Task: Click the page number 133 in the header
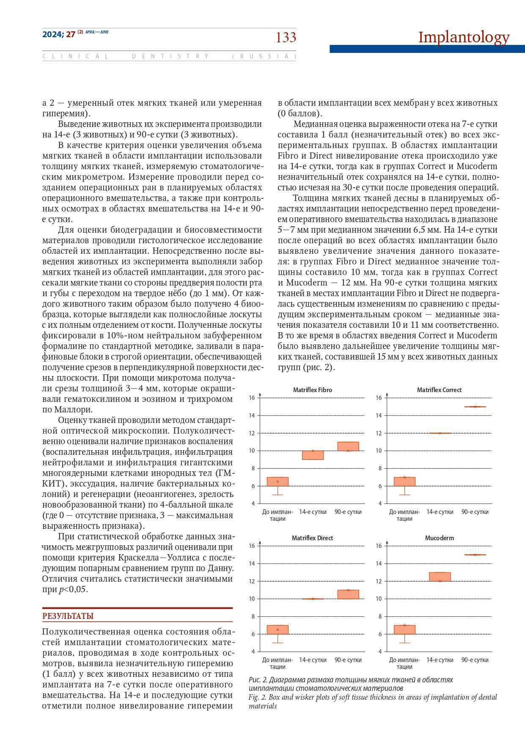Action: coord(286,38)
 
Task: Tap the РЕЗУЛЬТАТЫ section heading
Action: coord(68,616)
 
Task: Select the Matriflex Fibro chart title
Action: coord(312,390)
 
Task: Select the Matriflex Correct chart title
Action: coord(439,390)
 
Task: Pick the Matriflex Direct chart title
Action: coord(312,538)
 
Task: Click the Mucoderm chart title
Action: coord(439,538)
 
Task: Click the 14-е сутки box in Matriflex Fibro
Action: coord(313,455)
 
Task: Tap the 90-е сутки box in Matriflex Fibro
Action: coord(348,446)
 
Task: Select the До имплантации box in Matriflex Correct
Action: coord(404,481)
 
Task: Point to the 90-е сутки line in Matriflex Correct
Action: coord(475,407)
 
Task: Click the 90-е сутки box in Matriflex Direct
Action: coord(348,594)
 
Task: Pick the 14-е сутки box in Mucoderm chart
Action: coord(440,577)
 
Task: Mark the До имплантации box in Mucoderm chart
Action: coord(404,629)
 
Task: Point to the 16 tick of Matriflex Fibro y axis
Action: coord(252,398)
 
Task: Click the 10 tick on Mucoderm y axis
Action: coord(379,599)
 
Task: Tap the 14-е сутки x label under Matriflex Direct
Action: coord(313,660)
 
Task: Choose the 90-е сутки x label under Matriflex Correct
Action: coord(475,512)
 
